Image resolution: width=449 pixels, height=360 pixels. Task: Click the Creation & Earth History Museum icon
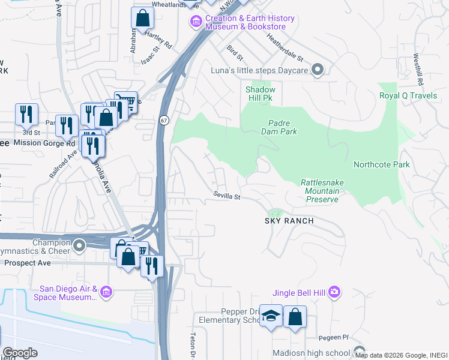[x=195, y=23]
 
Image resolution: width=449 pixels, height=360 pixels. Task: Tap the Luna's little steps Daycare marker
[x=319, y=71]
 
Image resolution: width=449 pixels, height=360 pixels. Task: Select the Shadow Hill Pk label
[x=261, y=94]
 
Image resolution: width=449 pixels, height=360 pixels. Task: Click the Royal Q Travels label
[x=408, y=95]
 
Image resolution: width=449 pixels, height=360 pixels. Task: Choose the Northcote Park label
[x=381, y=164]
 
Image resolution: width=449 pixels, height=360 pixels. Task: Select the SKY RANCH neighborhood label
[x=289, y=221]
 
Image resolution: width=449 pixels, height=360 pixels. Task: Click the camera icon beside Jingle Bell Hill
[x=334, y=292]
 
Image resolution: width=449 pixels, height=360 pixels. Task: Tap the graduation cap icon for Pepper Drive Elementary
[x=271, y=316]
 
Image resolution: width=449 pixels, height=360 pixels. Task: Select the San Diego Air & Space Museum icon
[x=106, y=292]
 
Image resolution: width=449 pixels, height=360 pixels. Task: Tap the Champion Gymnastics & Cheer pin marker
[x=79, y=245]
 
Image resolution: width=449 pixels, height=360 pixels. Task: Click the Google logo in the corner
[x=20, y=353]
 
